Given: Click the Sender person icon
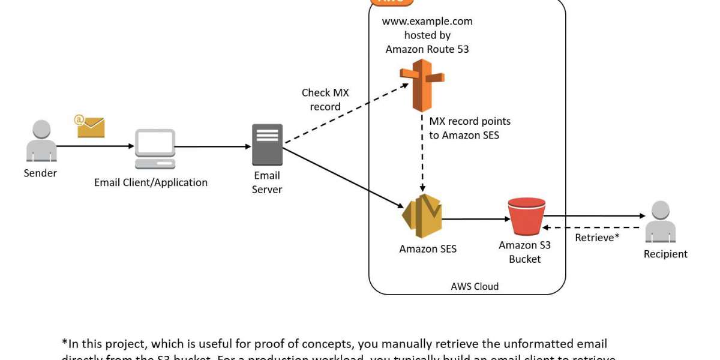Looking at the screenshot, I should point(41,141).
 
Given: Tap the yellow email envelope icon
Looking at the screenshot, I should point(91,127).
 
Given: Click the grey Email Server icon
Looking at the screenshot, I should point(267,145).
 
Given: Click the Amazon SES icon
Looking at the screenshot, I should point(422,216).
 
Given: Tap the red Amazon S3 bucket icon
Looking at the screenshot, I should point(526,217).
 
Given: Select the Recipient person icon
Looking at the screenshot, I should point(661,222).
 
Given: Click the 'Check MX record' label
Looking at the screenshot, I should point(325,100).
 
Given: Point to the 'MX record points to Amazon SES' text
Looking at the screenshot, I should point(469,128).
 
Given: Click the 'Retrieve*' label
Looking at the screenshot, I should point(597,238).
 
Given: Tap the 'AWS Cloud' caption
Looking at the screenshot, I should point(475,286).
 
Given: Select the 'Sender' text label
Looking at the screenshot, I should point(40,173).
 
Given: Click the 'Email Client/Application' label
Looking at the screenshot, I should point(151,182).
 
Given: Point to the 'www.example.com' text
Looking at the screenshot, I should point(427,22).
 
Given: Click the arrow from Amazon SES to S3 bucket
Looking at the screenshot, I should point(474,219).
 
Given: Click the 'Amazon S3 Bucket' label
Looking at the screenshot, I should point(524,252).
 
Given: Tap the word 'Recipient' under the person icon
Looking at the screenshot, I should point(665,254).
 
